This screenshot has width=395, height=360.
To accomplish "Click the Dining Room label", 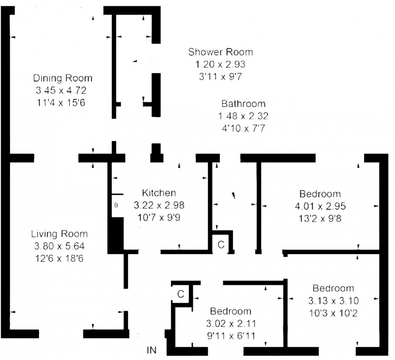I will [x=62, y=78].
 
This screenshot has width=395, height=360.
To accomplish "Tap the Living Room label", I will [x=59, y=234].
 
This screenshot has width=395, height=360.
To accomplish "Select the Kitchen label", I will [x=159, y=193].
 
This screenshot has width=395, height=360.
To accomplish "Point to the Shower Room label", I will [x=220, y=52].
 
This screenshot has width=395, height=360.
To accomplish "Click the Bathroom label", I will [x=243, y=104].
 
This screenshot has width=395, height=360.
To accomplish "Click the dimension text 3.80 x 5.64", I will [x=59, y=246].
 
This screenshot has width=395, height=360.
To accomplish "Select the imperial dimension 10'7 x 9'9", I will [x=159, y=217].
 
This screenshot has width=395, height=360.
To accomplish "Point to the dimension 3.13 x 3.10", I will [x=333, y=300].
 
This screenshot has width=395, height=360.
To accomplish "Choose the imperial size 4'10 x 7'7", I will [x=243, y=128].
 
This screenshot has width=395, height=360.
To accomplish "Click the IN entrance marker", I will [x=152, y=349].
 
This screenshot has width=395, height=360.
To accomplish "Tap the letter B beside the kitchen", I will [x=116, y=205].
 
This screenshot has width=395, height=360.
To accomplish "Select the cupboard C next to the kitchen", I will [x=221, y=244].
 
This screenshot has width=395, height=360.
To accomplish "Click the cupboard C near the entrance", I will [x=181, y=294].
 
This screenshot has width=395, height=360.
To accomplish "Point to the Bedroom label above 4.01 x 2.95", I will [x=320, y=194].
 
